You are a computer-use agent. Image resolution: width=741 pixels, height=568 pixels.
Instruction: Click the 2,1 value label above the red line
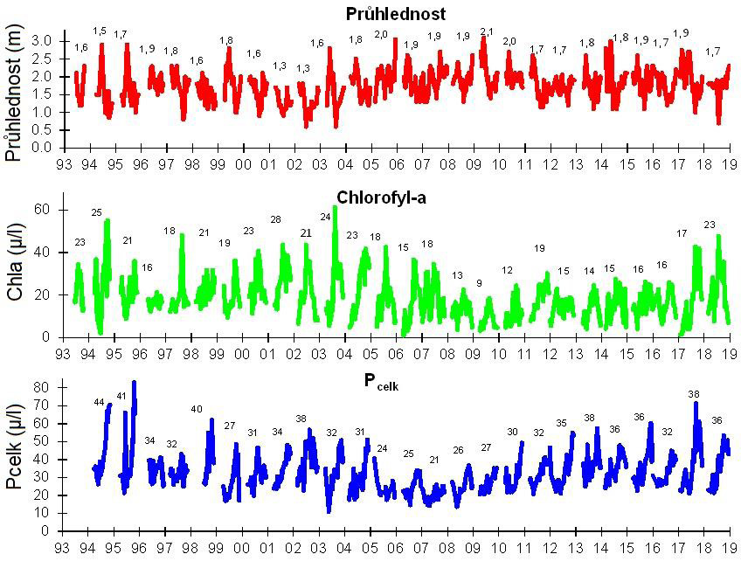click(x=487, y=32)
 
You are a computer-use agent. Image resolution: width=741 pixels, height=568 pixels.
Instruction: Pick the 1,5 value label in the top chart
click(x=100, y=31)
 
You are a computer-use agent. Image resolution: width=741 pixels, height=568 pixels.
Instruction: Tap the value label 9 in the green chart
click(x=478, y=283)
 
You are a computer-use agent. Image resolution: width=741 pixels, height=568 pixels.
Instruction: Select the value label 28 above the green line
click(x=276, y=219)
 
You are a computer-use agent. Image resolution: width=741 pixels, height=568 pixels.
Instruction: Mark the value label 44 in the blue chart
click(x=99, y=402)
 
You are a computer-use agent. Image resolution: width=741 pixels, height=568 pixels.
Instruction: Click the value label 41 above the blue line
click(x=121, y=397)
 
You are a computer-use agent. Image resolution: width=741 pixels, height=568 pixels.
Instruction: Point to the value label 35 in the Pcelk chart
click(x=562, y=424)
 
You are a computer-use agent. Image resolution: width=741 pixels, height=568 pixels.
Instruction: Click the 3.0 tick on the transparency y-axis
click(x=42, y=41)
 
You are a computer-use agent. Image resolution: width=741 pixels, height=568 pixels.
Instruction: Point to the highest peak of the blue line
click(x=135, y=382)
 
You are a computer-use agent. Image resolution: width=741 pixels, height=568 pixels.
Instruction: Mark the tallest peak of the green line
click(x=335, y=207)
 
